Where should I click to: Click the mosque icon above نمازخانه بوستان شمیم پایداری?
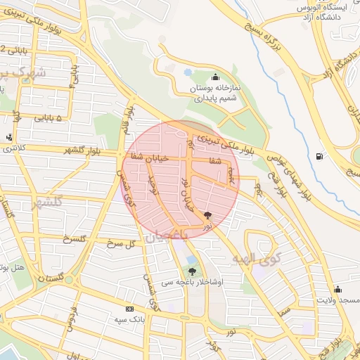[x=215, y=77]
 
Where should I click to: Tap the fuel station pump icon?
[x=321, y=156]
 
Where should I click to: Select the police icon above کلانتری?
[x=8, y=138]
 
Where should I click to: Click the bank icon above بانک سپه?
[x=129, y=309]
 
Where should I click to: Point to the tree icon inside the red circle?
[x=207, y=215]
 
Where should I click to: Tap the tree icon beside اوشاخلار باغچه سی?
[x=192, y=270]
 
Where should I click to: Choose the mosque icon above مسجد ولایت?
[x=338, y=289]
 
